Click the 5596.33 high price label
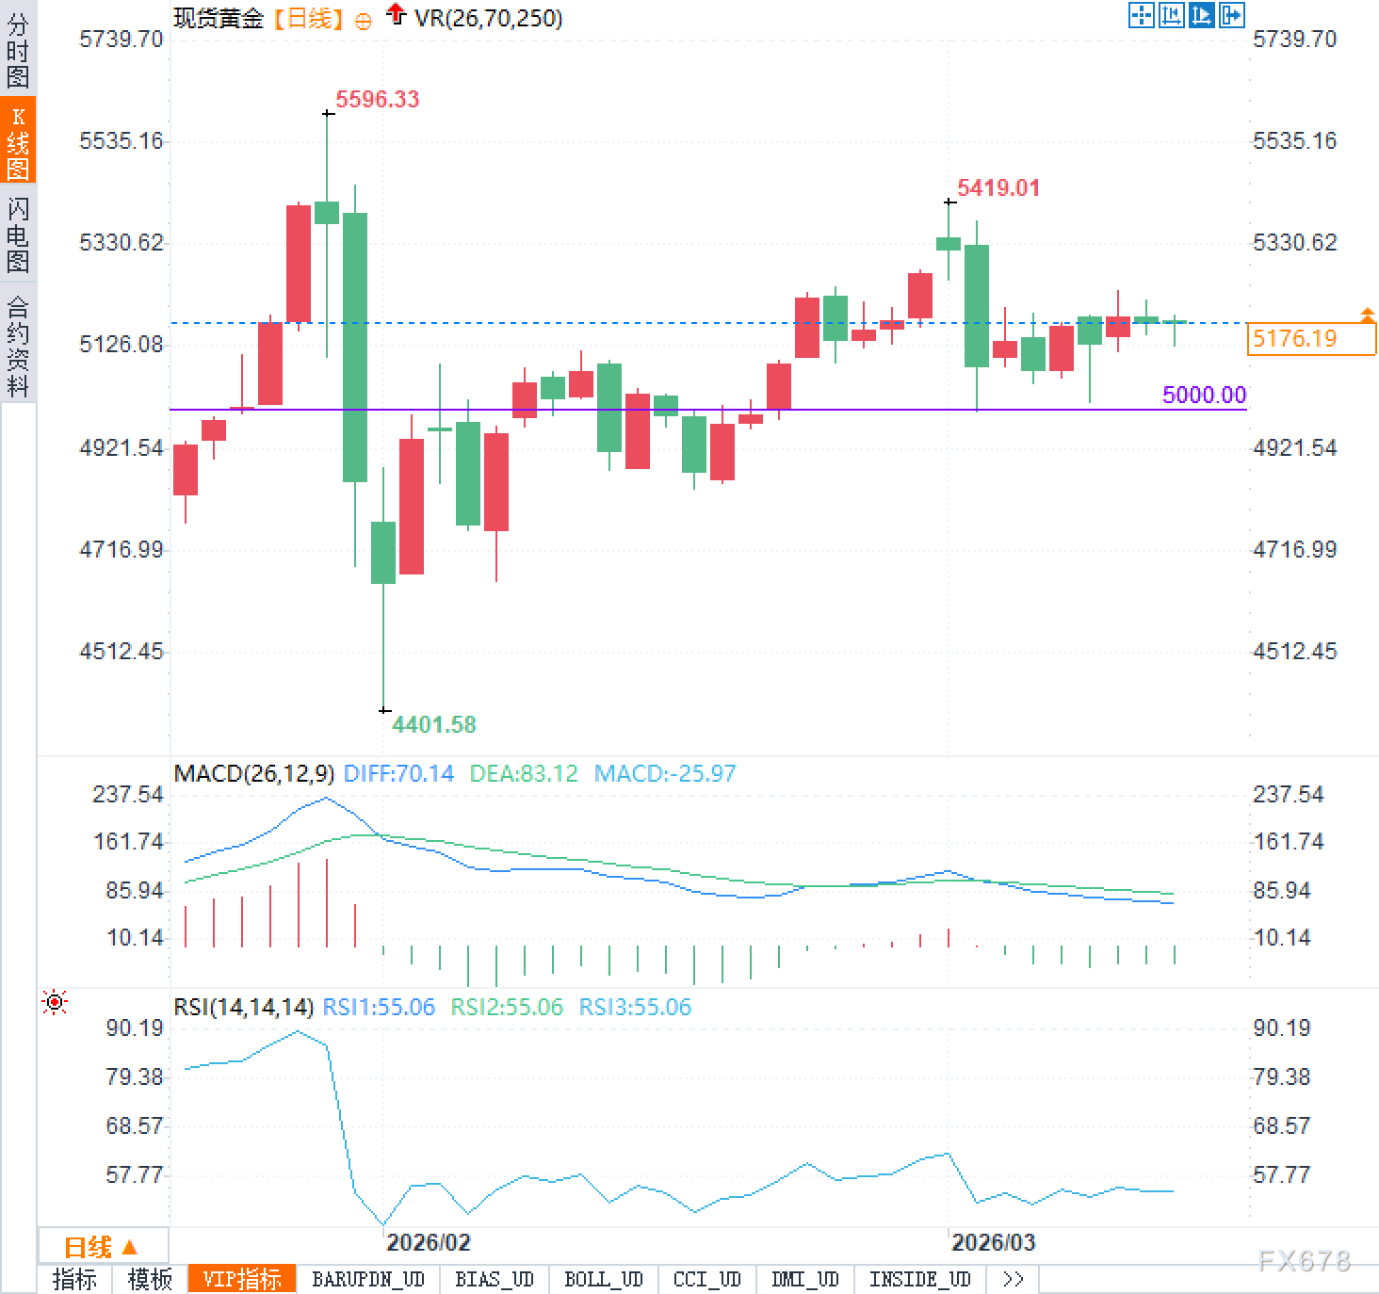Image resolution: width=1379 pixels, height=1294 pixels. [x=377, y=99]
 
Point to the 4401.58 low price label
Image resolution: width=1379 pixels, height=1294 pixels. [x=433, y=724]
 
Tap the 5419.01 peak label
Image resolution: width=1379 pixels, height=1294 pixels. [x=998, y=187]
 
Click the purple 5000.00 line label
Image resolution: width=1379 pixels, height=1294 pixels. [x=1203, y=395]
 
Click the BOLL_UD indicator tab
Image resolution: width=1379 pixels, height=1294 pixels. [x=603, y=1279]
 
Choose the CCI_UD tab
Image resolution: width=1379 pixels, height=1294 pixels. [x=706, y=1279]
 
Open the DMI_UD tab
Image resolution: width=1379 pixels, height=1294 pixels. [x=804, y=1279]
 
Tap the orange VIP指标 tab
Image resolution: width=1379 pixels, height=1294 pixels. [x=242, y=1279]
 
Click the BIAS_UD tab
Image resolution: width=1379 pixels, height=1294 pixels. [x=494, y=1279]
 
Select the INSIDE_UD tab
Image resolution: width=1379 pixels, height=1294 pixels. [x=919, y=1279]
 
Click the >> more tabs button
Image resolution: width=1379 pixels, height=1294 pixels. [x=1013, y=1279]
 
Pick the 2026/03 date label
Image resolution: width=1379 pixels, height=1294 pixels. [x=993, y=1242]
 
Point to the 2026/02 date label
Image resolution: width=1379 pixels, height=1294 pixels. [x=428, y=1242]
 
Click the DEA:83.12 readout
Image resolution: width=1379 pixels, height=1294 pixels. [x=523, y=774]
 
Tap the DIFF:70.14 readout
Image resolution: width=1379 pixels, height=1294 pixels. [x=398, y=774]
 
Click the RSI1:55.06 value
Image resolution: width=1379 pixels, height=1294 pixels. [x=379, y=1007]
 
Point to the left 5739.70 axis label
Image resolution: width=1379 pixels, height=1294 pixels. [x=121, y=39]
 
